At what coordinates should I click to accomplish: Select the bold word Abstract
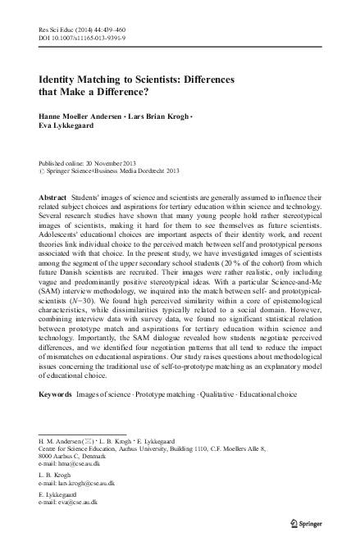55,198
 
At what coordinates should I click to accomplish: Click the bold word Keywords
56,394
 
